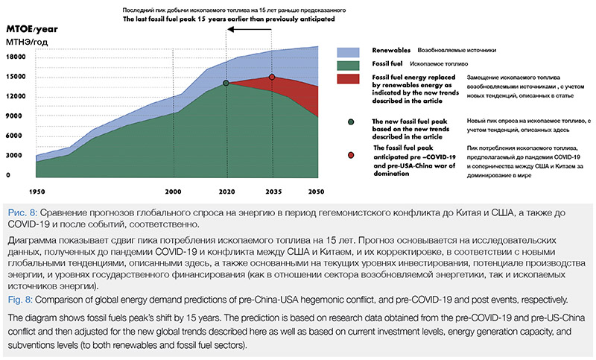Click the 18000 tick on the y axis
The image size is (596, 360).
(x=16, y=57)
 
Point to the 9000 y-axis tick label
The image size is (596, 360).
(x=13, y=116)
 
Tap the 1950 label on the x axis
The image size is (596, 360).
(x=37, y=192)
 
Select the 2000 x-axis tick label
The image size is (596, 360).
(x=173, y=192)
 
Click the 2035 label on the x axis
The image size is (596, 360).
(x=273, y=192)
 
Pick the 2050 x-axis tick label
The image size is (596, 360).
(x=316, y=192)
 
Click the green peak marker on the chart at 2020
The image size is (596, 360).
(x=226, y=83)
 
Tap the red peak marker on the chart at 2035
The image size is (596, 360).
(x=272, y=78)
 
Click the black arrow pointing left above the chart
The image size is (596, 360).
(x=250, y=29)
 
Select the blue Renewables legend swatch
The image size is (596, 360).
(x=348, y=52)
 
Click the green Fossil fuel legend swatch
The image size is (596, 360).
(x=348, y=66)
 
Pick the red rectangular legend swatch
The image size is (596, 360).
(x=348, y=79)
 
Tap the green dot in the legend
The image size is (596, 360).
(x=351, y=122)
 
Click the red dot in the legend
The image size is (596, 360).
(x=351, y=155)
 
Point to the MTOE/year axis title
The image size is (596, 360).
(x=32, y=29)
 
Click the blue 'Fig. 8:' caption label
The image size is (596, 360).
(x=20, y=300)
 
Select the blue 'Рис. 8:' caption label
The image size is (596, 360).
(x=22, y=212)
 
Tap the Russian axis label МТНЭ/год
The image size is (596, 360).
(x=27, y=42)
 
